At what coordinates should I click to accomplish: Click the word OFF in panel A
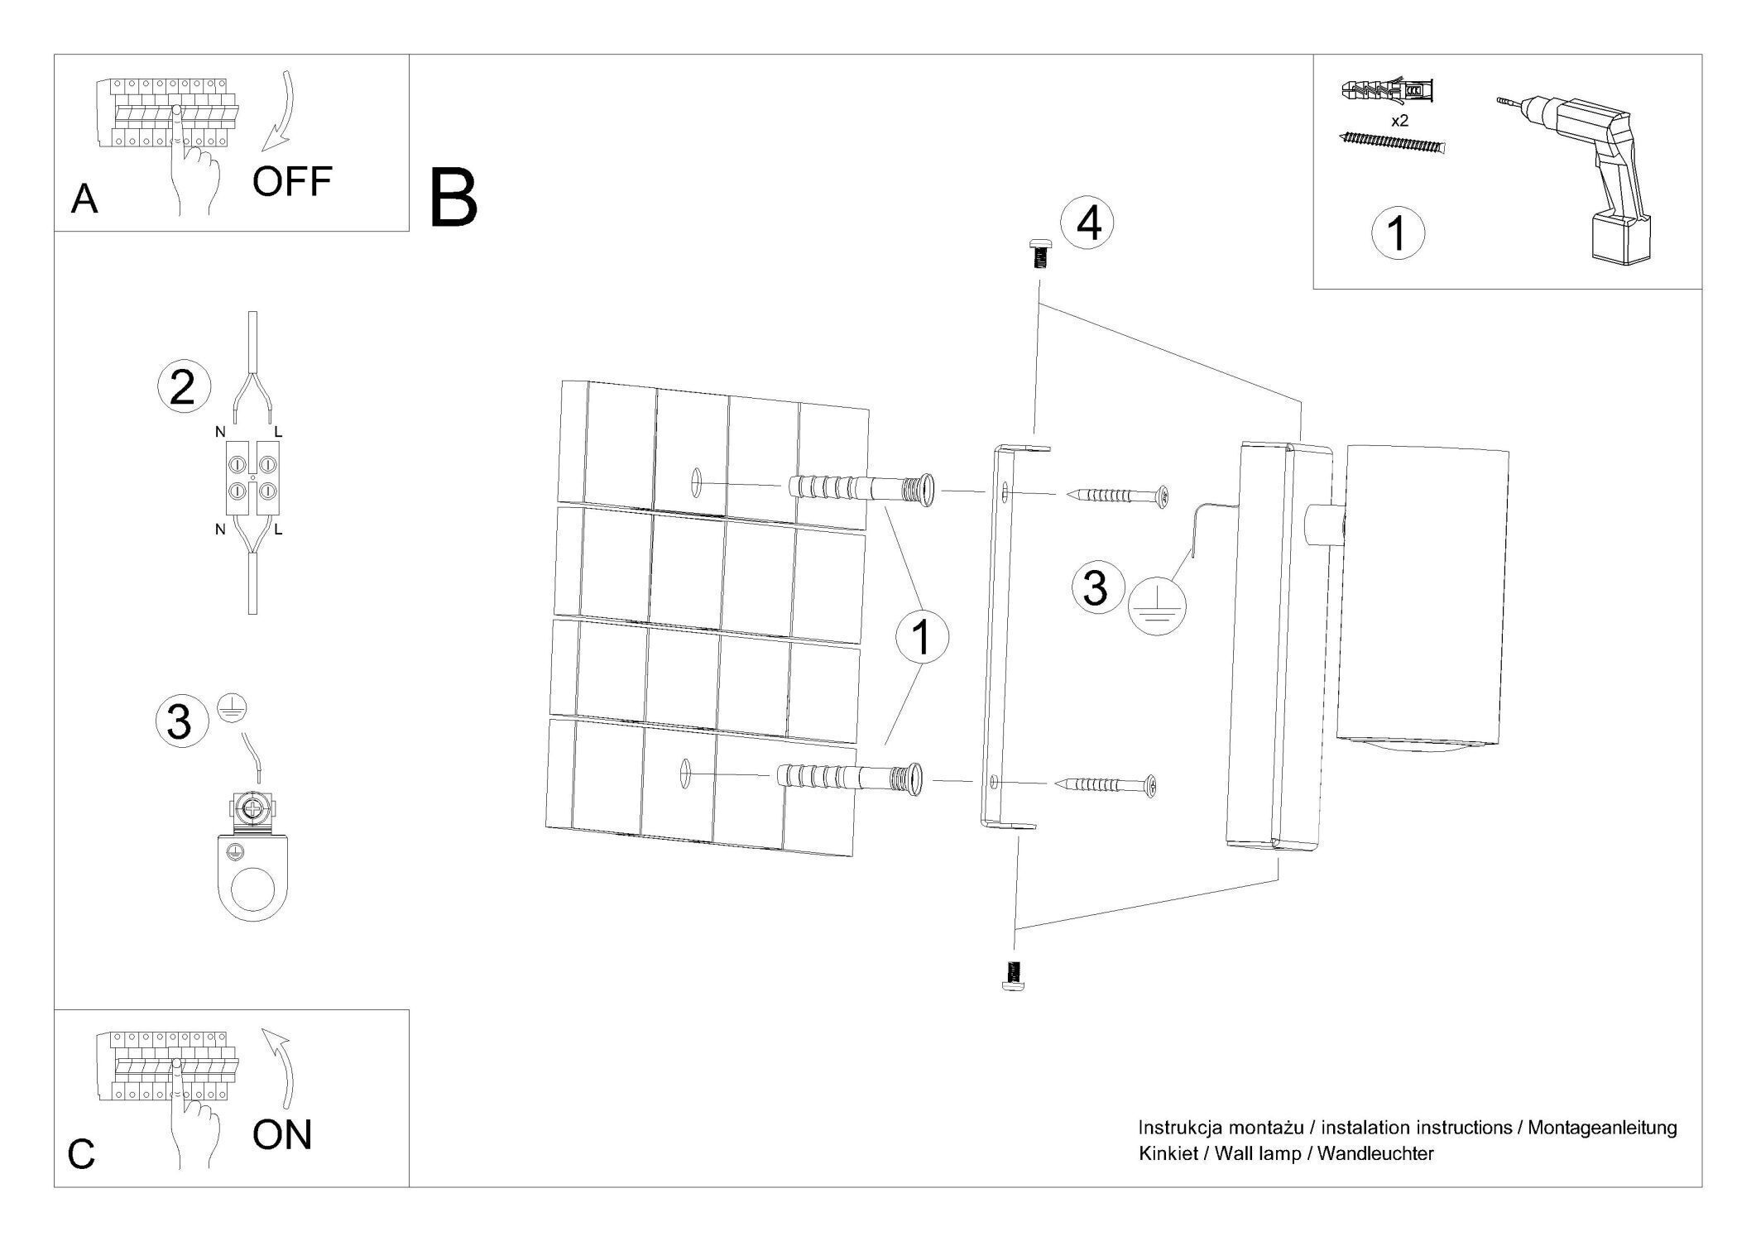[291, 182]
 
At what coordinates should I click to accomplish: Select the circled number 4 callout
[1088, 223]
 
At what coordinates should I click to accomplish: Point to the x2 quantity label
[1399, 121]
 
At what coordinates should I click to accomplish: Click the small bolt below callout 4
[1037, 252]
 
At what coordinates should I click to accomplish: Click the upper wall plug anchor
[861, 492]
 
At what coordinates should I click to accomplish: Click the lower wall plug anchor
[850, 779]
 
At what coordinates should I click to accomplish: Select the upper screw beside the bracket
[1118, 496]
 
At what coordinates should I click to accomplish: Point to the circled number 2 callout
[184, 388]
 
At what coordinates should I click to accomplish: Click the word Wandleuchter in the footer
[1375, 1153]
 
